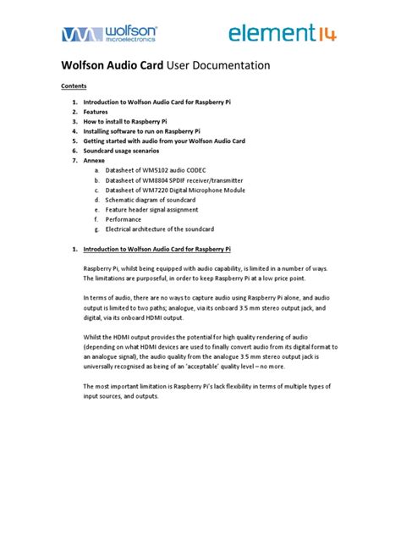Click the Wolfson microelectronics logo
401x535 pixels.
tap(108, 33)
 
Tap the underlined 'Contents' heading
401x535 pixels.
tap(74, 85)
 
